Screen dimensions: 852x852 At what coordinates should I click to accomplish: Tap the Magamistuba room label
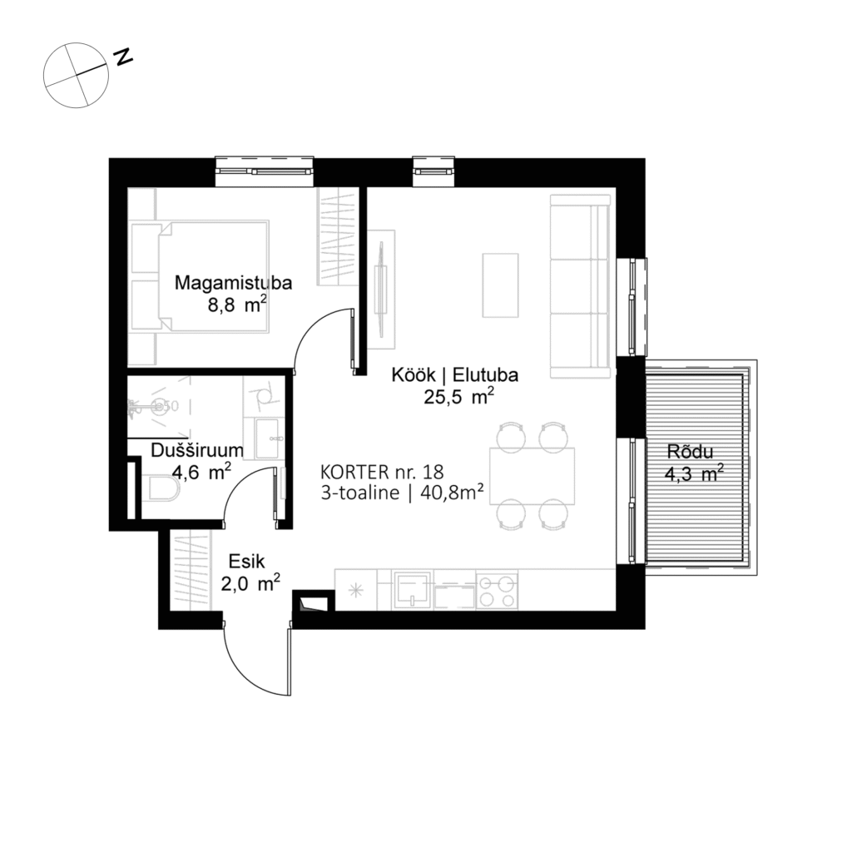232,283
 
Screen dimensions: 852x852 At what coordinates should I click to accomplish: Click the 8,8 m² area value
236,305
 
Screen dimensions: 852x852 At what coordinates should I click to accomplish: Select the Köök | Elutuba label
455,375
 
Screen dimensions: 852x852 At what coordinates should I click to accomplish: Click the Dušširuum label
197,450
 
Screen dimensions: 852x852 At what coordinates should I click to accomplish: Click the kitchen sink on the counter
412,589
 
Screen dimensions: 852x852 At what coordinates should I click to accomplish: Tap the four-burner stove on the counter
497,589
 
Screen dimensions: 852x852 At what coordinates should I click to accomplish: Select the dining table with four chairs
532,475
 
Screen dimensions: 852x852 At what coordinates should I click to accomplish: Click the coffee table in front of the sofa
500,284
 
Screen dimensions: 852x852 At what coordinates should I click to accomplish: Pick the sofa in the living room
581,283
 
